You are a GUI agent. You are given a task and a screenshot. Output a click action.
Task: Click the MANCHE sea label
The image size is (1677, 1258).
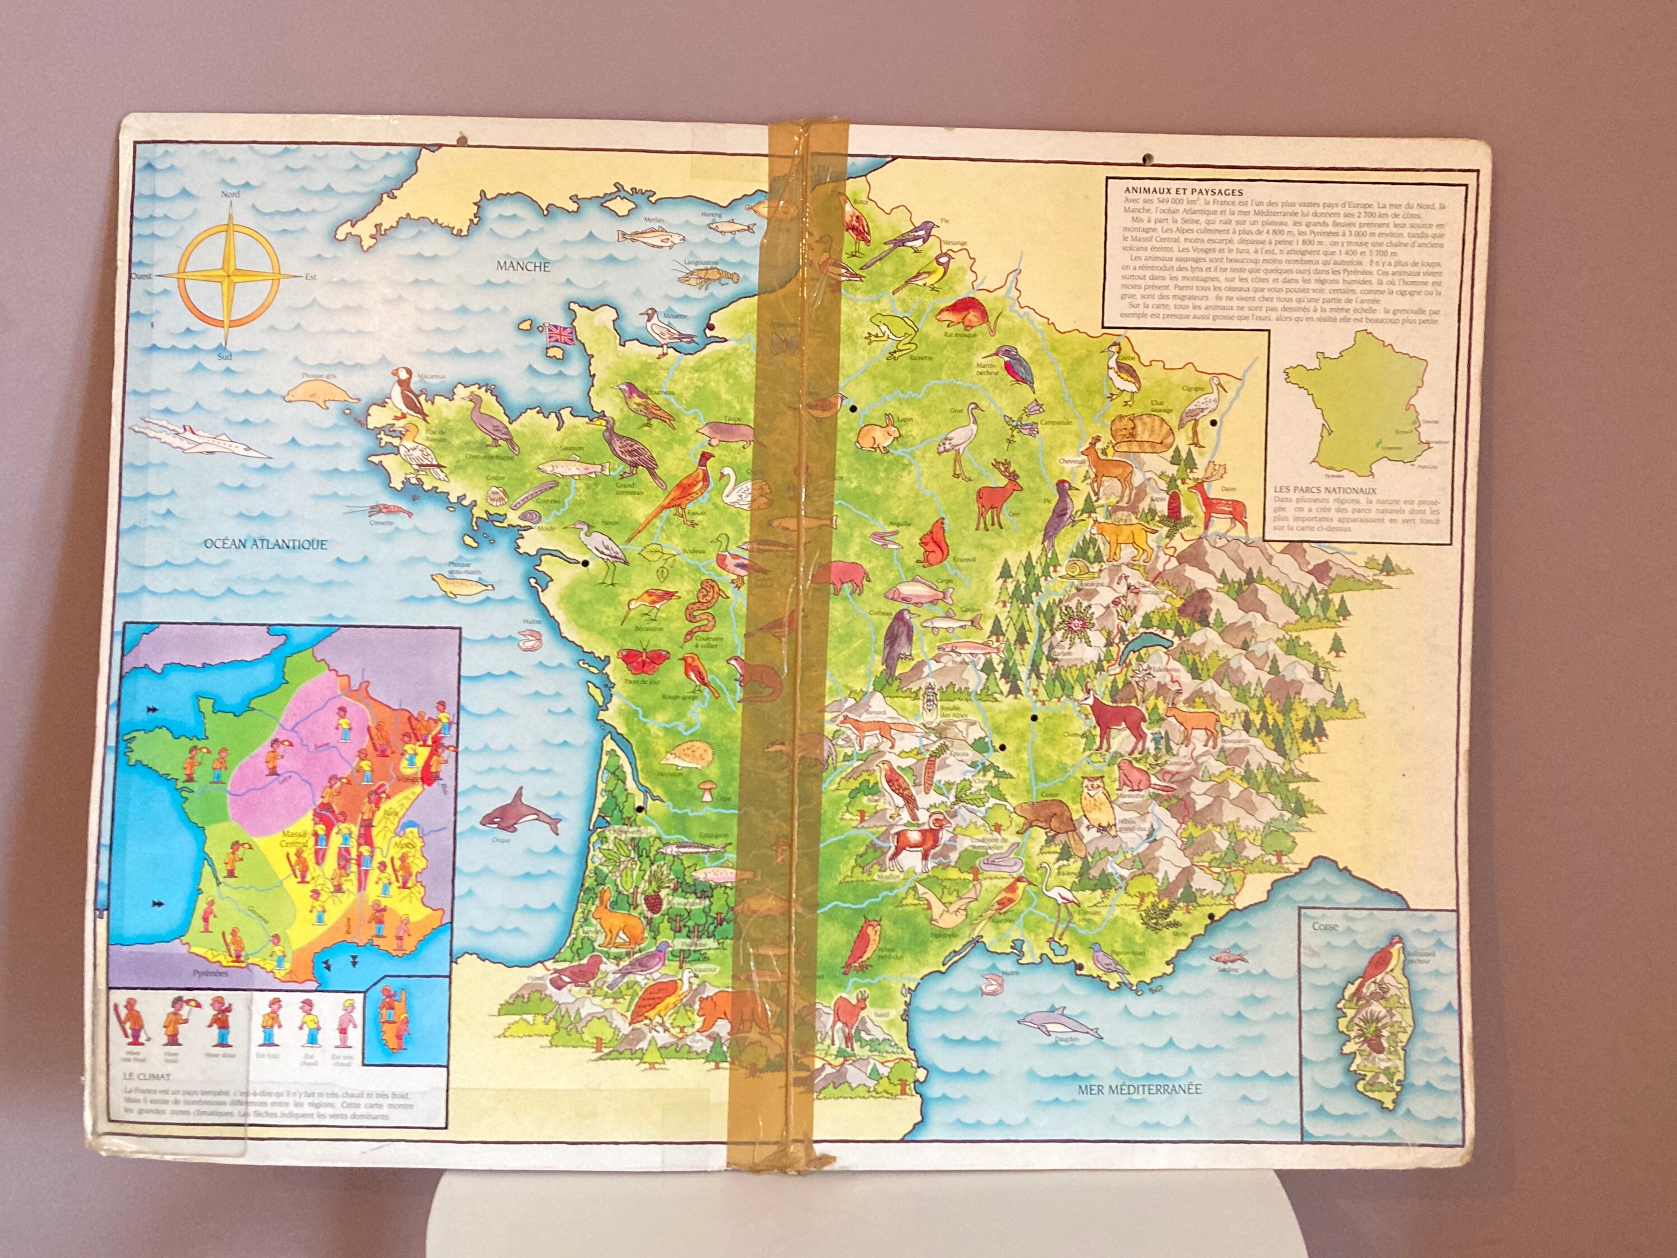pos(523,266)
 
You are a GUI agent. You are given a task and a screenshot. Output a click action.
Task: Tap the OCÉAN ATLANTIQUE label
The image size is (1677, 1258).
pos(265,544)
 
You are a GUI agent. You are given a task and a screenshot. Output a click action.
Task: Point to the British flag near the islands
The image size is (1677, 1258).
pos(562,335)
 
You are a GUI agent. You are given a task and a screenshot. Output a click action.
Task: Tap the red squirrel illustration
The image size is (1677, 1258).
pos(931,542)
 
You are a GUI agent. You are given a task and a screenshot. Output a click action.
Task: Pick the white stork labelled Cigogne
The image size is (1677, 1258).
pos(1198,413)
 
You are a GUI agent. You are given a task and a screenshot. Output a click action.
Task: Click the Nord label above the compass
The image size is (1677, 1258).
pos(230,194)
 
